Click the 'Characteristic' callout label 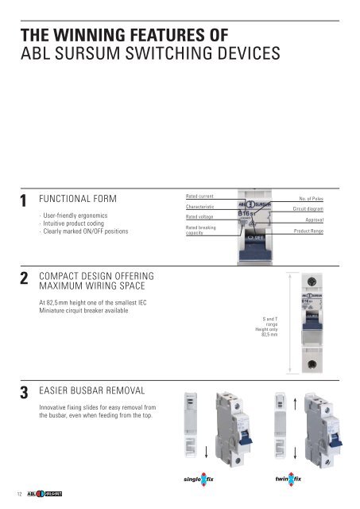(201, 206)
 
